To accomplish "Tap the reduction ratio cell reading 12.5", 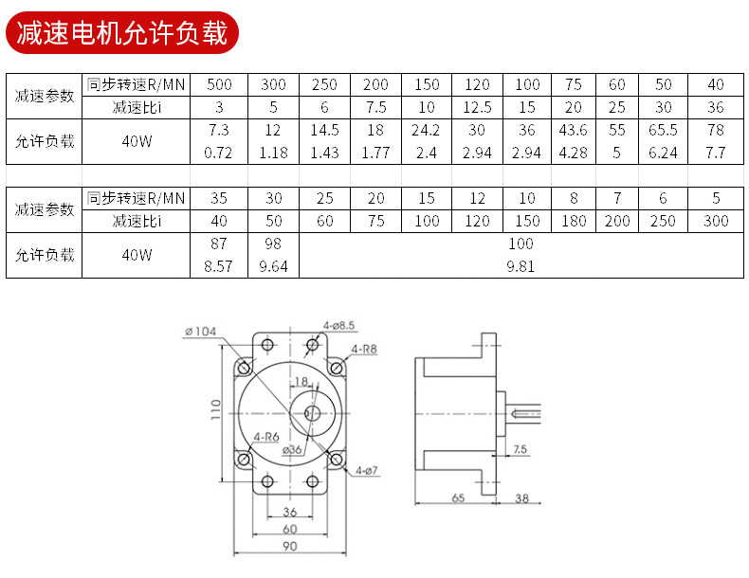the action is [477, 107].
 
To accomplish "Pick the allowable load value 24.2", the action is [426, 130].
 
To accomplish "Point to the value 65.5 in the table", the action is [663, 130].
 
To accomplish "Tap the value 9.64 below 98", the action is [273, 266].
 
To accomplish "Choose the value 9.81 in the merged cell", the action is [521, 266].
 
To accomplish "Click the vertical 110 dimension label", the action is [216, 408].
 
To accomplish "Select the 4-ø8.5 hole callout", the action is [338, 326].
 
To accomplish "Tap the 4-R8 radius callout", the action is [364, 349].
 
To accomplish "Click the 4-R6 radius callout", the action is [266, 437].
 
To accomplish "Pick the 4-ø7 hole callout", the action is [367, 470].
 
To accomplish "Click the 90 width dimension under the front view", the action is [289, 547].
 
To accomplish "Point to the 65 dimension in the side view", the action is [457, 497].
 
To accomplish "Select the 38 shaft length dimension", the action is [521, 497].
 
